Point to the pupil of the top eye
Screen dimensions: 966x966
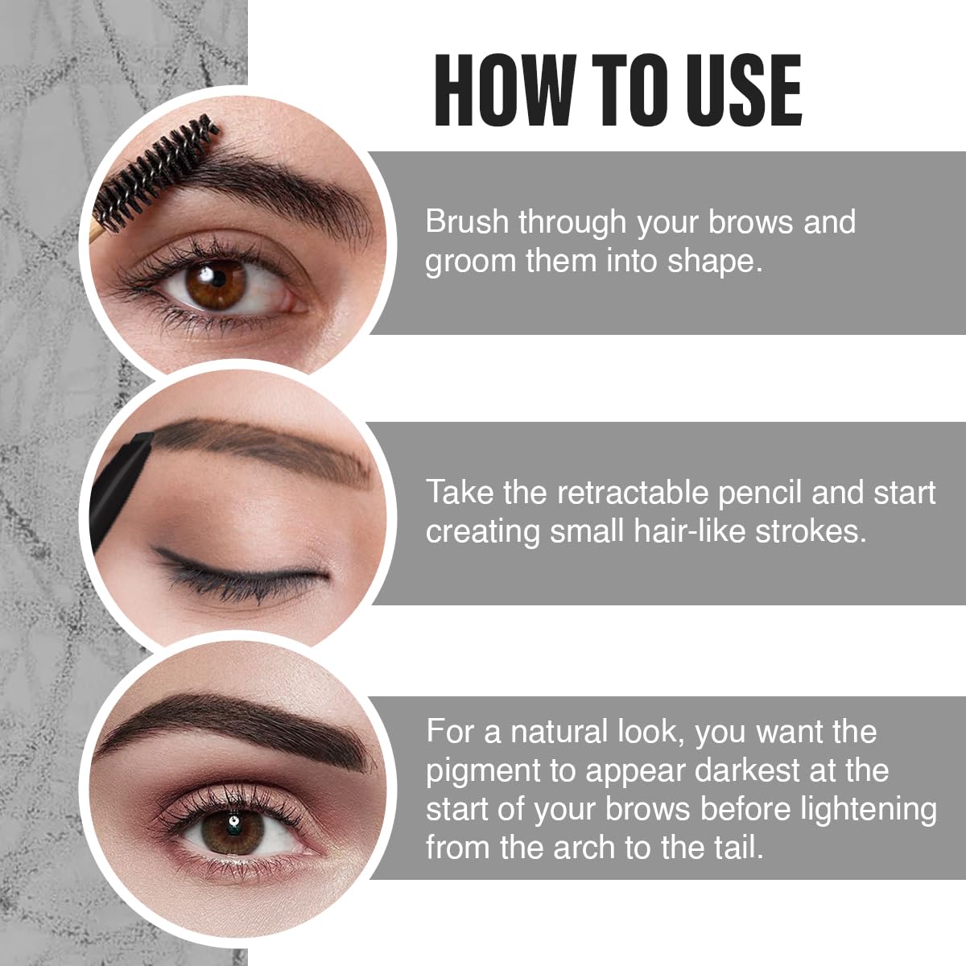(216, 281)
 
